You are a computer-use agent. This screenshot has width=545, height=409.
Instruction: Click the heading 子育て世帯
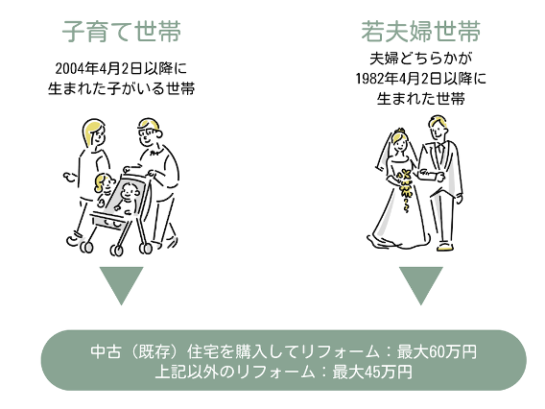pos(122,32)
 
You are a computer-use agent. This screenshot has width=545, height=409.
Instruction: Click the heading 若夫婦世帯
pos(421,32)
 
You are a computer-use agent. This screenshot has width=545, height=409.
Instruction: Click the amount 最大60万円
pos(437,351)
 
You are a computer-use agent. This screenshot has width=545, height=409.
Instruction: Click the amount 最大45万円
pos(372,372)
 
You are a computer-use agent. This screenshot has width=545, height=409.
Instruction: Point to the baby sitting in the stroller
pos(127,199)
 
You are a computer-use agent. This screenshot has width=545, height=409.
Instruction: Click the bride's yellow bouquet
pos(405,189)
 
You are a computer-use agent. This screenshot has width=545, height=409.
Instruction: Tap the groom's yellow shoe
pos(445,247)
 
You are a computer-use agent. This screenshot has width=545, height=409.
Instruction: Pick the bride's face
pos(400,142)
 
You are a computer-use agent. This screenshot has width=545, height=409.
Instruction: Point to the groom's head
pos(438,128)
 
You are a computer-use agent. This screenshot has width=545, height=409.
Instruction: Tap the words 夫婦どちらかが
pos(421,59)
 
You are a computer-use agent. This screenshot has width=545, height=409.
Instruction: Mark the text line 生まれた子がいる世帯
pos(121,88)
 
